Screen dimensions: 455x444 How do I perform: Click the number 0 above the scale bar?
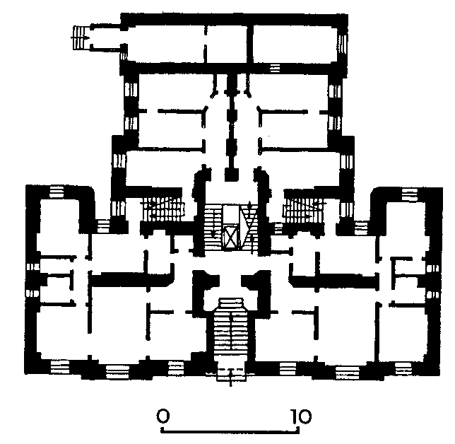(162, 416)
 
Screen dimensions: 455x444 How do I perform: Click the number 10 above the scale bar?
(302, 416)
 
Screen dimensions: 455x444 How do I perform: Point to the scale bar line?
(230, 431)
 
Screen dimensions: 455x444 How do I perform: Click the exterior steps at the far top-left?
(81, 37)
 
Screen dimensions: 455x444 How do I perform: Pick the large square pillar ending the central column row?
(232, 175)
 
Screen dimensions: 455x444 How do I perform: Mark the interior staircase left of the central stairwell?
(162, 210)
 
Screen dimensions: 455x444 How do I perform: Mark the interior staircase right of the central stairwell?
(304, 211)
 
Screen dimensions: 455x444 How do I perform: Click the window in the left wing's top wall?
(57, 192)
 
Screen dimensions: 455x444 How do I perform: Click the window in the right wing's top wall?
(410, 194)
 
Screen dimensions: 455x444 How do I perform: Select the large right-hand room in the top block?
(295, 45)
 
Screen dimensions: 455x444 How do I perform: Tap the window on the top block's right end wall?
(343, 45)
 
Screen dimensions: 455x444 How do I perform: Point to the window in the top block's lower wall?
(275, 69)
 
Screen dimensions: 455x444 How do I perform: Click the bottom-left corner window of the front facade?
(60, 367)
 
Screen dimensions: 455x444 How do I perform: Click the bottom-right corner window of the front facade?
(403, 368)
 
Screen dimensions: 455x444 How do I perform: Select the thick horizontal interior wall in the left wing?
(131, 279)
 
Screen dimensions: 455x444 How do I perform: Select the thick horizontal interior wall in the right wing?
(333, 281)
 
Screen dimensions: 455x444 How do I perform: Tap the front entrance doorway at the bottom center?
(231, 374)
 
